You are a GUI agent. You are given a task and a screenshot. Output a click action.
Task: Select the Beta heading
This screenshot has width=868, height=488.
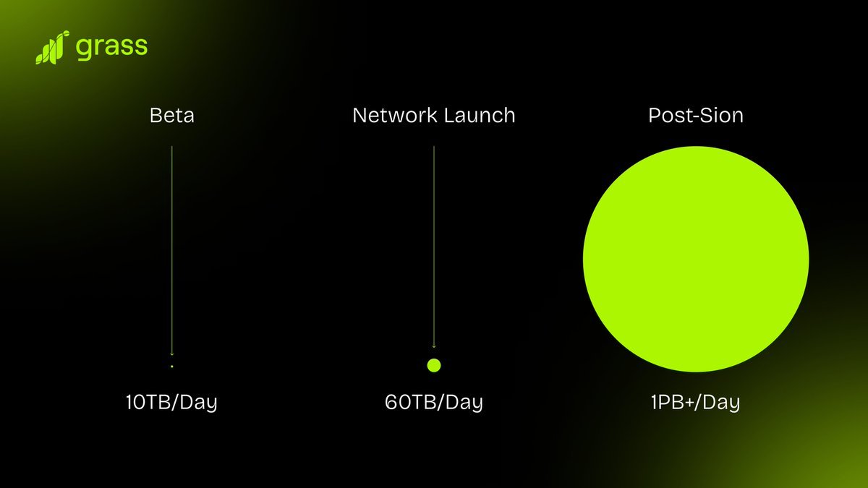171,115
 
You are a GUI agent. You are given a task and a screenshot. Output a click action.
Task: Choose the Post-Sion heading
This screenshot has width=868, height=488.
696,115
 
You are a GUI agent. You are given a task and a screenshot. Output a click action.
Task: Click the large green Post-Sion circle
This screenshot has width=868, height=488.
696,259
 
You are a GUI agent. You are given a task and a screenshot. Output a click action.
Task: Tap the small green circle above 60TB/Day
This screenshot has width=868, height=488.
434,365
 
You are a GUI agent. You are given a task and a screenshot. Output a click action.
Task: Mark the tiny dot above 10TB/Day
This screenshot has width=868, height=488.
171,367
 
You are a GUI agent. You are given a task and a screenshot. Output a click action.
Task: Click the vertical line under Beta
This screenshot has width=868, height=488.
171,246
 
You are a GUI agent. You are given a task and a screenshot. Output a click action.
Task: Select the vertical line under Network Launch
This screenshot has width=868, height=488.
434,246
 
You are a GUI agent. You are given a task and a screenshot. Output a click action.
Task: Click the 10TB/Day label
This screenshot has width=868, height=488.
171,402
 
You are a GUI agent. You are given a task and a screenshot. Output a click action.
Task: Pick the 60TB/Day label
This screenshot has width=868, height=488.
434,402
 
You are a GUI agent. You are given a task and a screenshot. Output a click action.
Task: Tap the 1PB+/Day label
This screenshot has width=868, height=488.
696,402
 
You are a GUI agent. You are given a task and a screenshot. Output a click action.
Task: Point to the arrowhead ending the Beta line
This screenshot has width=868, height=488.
171,354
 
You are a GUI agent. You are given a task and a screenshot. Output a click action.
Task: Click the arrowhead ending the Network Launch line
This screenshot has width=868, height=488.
434,347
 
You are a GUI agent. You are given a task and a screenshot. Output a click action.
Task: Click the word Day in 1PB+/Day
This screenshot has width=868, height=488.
722,402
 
